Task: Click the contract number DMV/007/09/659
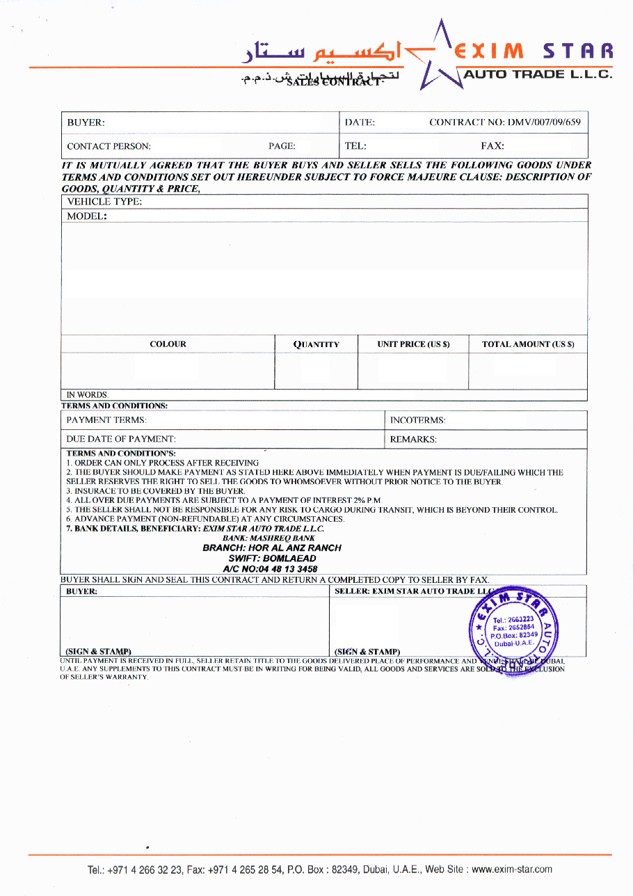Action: (504, 122)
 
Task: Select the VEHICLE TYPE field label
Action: (104, 202)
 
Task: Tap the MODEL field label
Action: (87, 216)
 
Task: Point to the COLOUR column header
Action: (168, 344)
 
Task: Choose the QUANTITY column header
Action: (316, 344)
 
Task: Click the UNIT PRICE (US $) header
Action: (413, 344)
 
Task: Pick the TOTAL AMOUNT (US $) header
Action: (528, 344)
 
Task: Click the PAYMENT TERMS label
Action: (106, 420)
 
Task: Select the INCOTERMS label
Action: (417, 420)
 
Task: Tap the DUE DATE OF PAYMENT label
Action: (121, 440)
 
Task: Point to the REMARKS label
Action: (413, 440)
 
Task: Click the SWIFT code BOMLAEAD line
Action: (272, 558)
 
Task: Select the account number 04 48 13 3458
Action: (270, 568)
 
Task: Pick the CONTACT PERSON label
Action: (109, 147)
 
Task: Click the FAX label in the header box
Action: (492, 146)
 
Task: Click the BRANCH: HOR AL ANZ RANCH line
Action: (272, 547)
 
